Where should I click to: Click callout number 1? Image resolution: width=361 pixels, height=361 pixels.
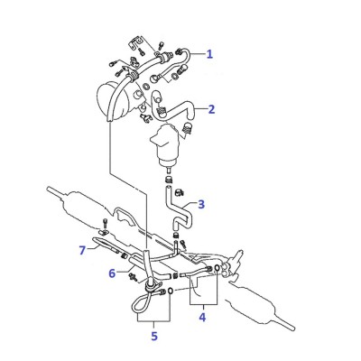pyautogui.click(x=209, y=54)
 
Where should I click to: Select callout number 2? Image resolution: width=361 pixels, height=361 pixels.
pyautogui.click(x=212, y=109)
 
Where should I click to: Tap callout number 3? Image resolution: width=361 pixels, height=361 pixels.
pyautogui.click(x=201, y=204)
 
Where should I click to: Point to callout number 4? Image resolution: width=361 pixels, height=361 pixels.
pyautogui.click(x=202, y=317)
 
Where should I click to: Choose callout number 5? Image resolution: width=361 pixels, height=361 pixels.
pyautogui.click(x=154, y=336)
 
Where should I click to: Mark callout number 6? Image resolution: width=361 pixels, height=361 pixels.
pyautogui.click(x=112, y=273)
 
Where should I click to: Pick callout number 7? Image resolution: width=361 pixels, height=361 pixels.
pyautogui.click(x=82, y=250)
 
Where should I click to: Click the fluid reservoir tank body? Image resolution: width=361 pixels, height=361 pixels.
pyautogui.click(x=165, y=144)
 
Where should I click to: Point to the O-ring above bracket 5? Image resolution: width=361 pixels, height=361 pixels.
pyautogui.click(x=170, y=291)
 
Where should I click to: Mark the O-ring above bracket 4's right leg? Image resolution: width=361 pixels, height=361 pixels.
pyautogui.click(x=217, y=267)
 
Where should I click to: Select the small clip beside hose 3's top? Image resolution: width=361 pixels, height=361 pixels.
pyautogui.click(x=180, y=191)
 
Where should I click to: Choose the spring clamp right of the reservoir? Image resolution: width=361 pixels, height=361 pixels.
pyautogui.click(x=188, y=129)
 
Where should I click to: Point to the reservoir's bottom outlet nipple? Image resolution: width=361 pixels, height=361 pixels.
pyautogui.click(x=170, y=170)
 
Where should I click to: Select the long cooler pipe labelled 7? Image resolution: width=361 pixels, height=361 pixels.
pyautogui.click(x=106, y=245)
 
